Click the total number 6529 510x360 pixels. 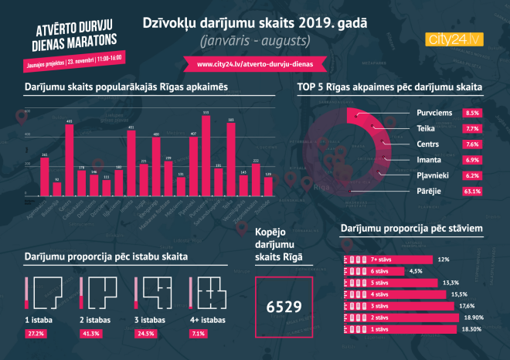point(283,307)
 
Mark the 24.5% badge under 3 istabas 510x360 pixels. point(147,333)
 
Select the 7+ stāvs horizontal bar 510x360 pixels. point(386,260)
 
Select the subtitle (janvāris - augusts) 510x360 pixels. point(254,39)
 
